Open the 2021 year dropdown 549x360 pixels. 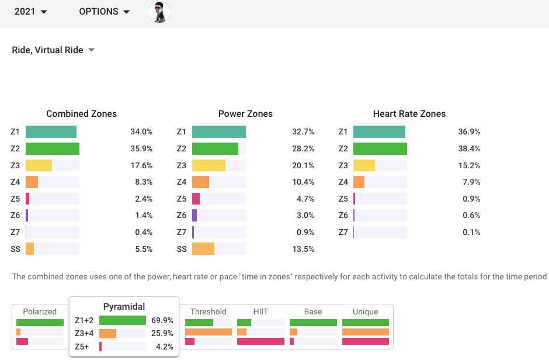(30, 12)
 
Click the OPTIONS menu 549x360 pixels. (104, 12)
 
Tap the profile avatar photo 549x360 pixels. (159, 12)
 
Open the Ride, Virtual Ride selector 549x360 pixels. (53, 50)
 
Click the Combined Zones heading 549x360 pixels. (81, 114)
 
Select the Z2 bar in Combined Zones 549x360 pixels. (53, 148)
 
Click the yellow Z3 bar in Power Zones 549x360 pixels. (209, 165)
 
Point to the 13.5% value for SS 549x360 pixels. (303, 249)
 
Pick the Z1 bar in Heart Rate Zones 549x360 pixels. (379, 132)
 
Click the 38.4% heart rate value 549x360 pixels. (469, 148)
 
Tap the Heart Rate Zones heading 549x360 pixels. (409, 114)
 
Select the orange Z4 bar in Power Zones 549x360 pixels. (200, 182)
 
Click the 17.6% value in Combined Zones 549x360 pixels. (141, 165)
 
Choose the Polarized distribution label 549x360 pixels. (40, 311)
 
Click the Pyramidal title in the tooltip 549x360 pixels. (124, 306)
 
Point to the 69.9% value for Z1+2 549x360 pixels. (162, 320)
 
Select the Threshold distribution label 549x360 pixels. (208, 311)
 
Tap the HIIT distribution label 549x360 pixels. (260, 311)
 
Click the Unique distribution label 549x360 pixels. (365, 311)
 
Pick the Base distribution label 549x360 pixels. (313, 311)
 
